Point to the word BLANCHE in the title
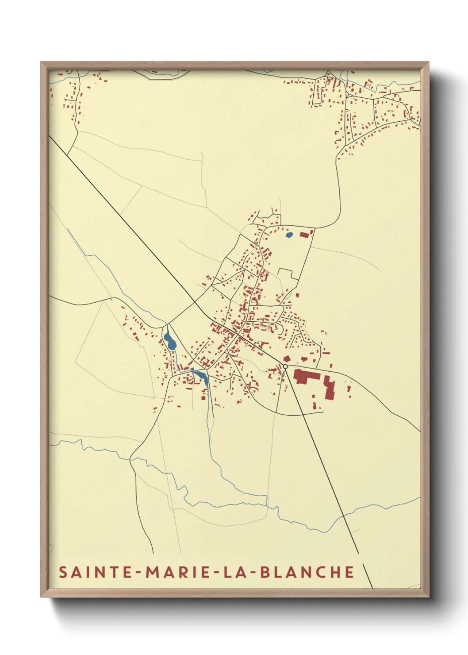(307, 572)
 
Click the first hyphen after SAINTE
(139, 573)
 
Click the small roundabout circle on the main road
(285, 366)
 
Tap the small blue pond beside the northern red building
(289, 235)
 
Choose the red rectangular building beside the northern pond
(304, 235)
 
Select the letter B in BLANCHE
(265, 572)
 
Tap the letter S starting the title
(63, 572)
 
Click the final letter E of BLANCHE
(349, 572)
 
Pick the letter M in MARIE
(153, 572)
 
